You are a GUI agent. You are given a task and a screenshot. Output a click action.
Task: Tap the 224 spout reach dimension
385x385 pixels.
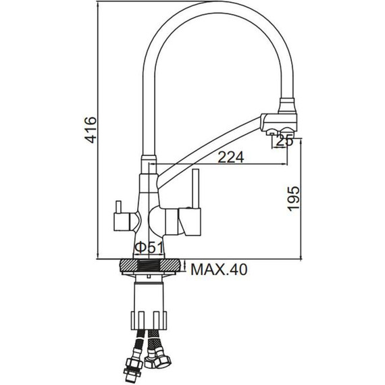pos(231,157)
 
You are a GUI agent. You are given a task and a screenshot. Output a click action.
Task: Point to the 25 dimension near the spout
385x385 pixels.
pos(284,141)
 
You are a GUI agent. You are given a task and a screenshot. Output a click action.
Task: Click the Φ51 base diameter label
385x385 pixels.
pos(149,248)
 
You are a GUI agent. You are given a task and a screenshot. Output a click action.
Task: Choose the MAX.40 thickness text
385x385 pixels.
pos(219,269)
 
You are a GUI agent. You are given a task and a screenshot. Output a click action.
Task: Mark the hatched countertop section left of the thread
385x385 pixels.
pos(130,265)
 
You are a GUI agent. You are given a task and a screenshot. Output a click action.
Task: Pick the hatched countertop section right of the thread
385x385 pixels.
pos(170,265)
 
